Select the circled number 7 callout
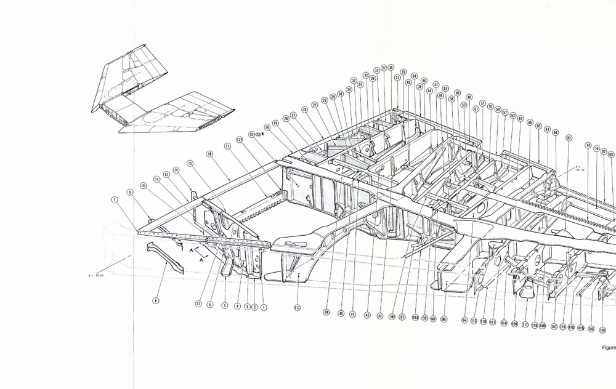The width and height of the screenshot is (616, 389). [x=115, y=199]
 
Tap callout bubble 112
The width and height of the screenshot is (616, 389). [x=296, y=308]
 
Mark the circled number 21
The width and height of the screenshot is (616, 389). [x=315, y=105]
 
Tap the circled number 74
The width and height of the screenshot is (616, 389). [x=588, y=145]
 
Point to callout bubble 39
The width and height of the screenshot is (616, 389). [x=326, y=312]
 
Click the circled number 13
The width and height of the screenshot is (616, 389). [x=199, y=303]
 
